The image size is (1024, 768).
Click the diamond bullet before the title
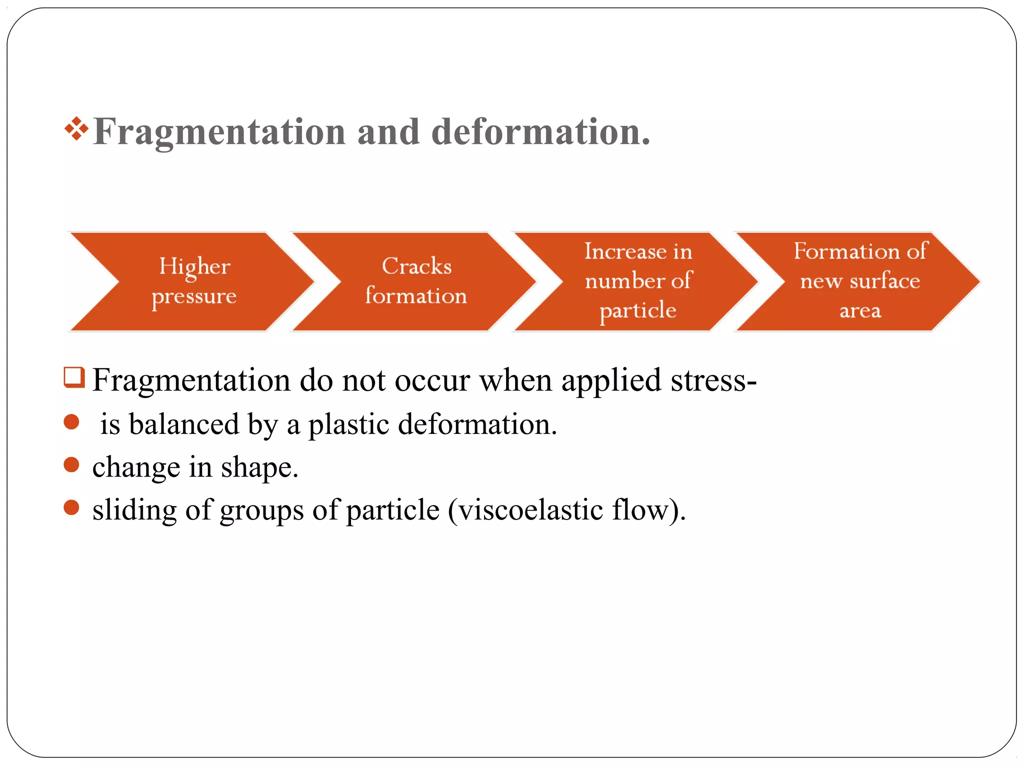(76, 128)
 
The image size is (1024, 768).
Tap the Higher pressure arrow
(194, 281)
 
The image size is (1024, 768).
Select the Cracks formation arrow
(416, 281)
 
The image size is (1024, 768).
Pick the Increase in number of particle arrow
(638, 281)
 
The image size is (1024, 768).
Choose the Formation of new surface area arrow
(860, 281)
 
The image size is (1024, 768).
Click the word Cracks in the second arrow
(416, 266)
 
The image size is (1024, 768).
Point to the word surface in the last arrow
(884, 281)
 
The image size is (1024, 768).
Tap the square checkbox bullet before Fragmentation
(74, 377)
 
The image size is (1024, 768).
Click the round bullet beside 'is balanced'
(71, 422)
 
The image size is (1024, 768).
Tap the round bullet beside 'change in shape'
(71, 465)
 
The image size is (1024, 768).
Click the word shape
(259, 468)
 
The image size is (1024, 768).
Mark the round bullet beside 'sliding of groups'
(71, 508)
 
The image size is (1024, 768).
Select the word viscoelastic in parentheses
(530, 510)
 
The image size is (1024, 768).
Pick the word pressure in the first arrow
(194, 296)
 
